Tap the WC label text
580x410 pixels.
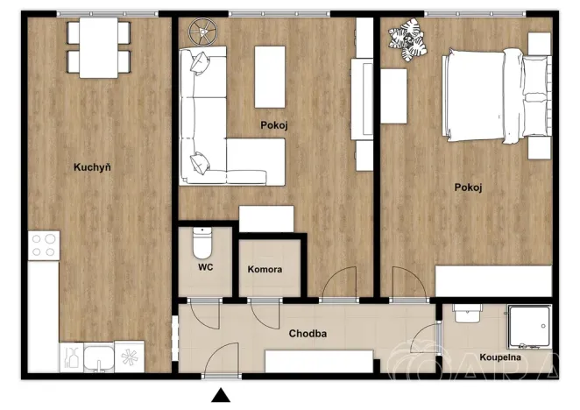[207, 267]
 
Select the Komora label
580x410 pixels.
[265, 269]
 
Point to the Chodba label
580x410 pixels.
[308, 333]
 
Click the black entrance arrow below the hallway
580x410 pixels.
[220, 397]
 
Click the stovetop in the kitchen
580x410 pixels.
[42, 244]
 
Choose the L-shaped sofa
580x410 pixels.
[219, 123]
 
